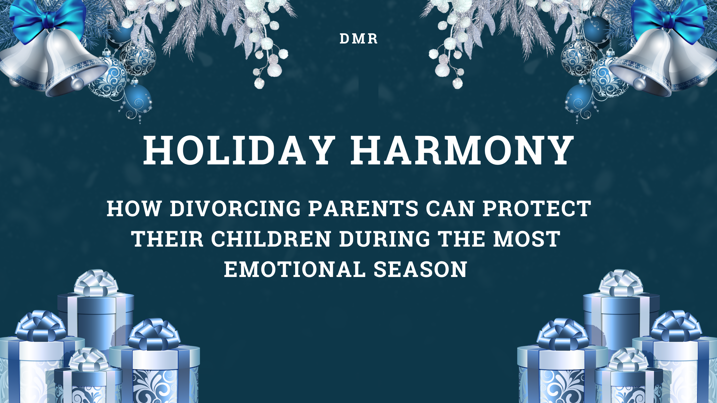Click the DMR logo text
click(x=358, y=39)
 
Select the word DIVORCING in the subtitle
click(x=235, y=209)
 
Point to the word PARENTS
click(x=363, y=209)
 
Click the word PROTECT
click(x=537, y=209)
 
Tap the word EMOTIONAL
click(x=294, y=269)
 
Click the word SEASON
click(x=420, y=269)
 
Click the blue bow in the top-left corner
click(x=48, y=18)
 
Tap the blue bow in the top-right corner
click(x=669, y=18)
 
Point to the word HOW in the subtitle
click(x=134, y=209)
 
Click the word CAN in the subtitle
click(x=450, y=209)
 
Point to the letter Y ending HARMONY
click(x=559, y=150)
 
